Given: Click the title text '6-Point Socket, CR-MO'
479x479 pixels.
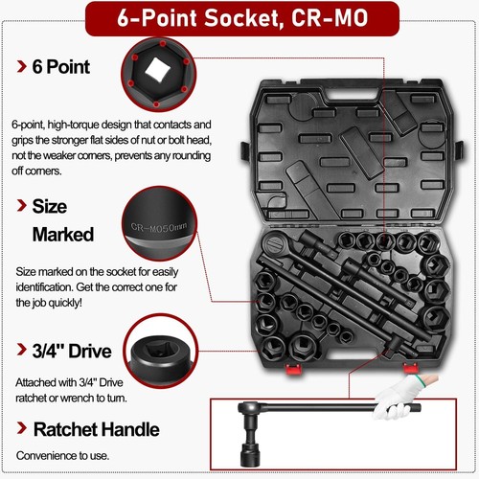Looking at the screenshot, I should pos(239,20).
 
